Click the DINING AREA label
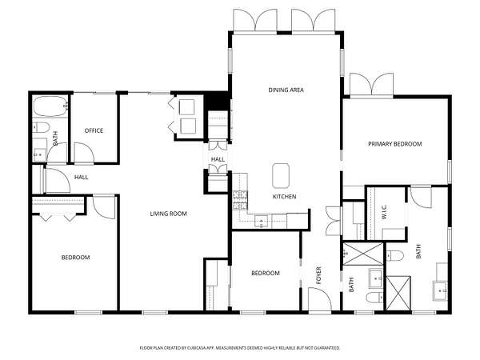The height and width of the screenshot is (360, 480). (286, 90)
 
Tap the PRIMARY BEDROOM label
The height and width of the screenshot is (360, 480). (395, 144)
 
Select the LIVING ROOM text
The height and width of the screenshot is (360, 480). (168, 214)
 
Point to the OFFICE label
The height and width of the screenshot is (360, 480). (94, 130)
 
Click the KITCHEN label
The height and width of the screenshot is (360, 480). (284, 197)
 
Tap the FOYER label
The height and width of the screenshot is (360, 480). (318, 275)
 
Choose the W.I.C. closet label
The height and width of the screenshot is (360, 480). (385, 211)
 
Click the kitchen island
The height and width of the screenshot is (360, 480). (281, 176)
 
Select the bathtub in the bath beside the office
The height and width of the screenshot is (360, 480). (50, 106)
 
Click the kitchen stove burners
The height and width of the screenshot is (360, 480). (240, 200)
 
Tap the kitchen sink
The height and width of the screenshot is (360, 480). (261, 222)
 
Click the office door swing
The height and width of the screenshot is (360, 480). (84, 153)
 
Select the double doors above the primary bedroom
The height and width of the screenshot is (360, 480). (372, 85)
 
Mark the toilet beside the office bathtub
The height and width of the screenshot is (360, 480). (41, 127)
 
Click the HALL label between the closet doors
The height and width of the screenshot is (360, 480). (218, 159)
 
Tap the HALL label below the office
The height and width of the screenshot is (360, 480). (81, 178)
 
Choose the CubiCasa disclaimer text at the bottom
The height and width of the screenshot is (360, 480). (240, 348)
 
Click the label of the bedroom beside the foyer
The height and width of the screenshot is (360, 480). (266, 273)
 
